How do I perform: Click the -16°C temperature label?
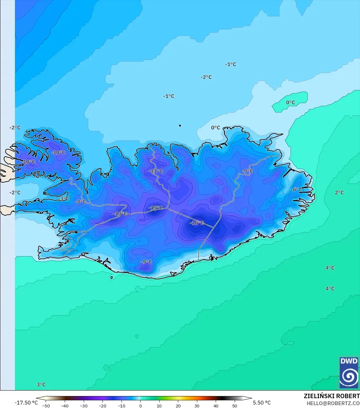197,223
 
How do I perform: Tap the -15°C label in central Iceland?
156,208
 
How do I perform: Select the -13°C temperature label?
120,214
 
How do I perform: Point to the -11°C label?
156,171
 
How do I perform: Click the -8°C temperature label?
81,202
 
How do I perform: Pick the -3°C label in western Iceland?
64,199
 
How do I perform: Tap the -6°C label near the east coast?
297,190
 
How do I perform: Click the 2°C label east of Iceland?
339,192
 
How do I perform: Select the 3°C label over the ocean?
41,385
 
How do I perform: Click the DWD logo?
349,372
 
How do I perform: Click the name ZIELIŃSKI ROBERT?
331,396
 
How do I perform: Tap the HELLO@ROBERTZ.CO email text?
333,403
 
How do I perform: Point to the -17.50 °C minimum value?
26,403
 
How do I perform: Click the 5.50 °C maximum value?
262,403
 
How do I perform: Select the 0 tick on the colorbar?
141,406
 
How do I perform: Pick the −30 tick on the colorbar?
84,406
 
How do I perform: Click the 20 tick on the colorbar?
178,406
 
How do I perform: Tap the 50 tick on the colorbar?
234,406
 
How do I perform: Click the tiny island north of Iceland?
180,126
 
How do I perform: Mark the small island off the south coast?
112,278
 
